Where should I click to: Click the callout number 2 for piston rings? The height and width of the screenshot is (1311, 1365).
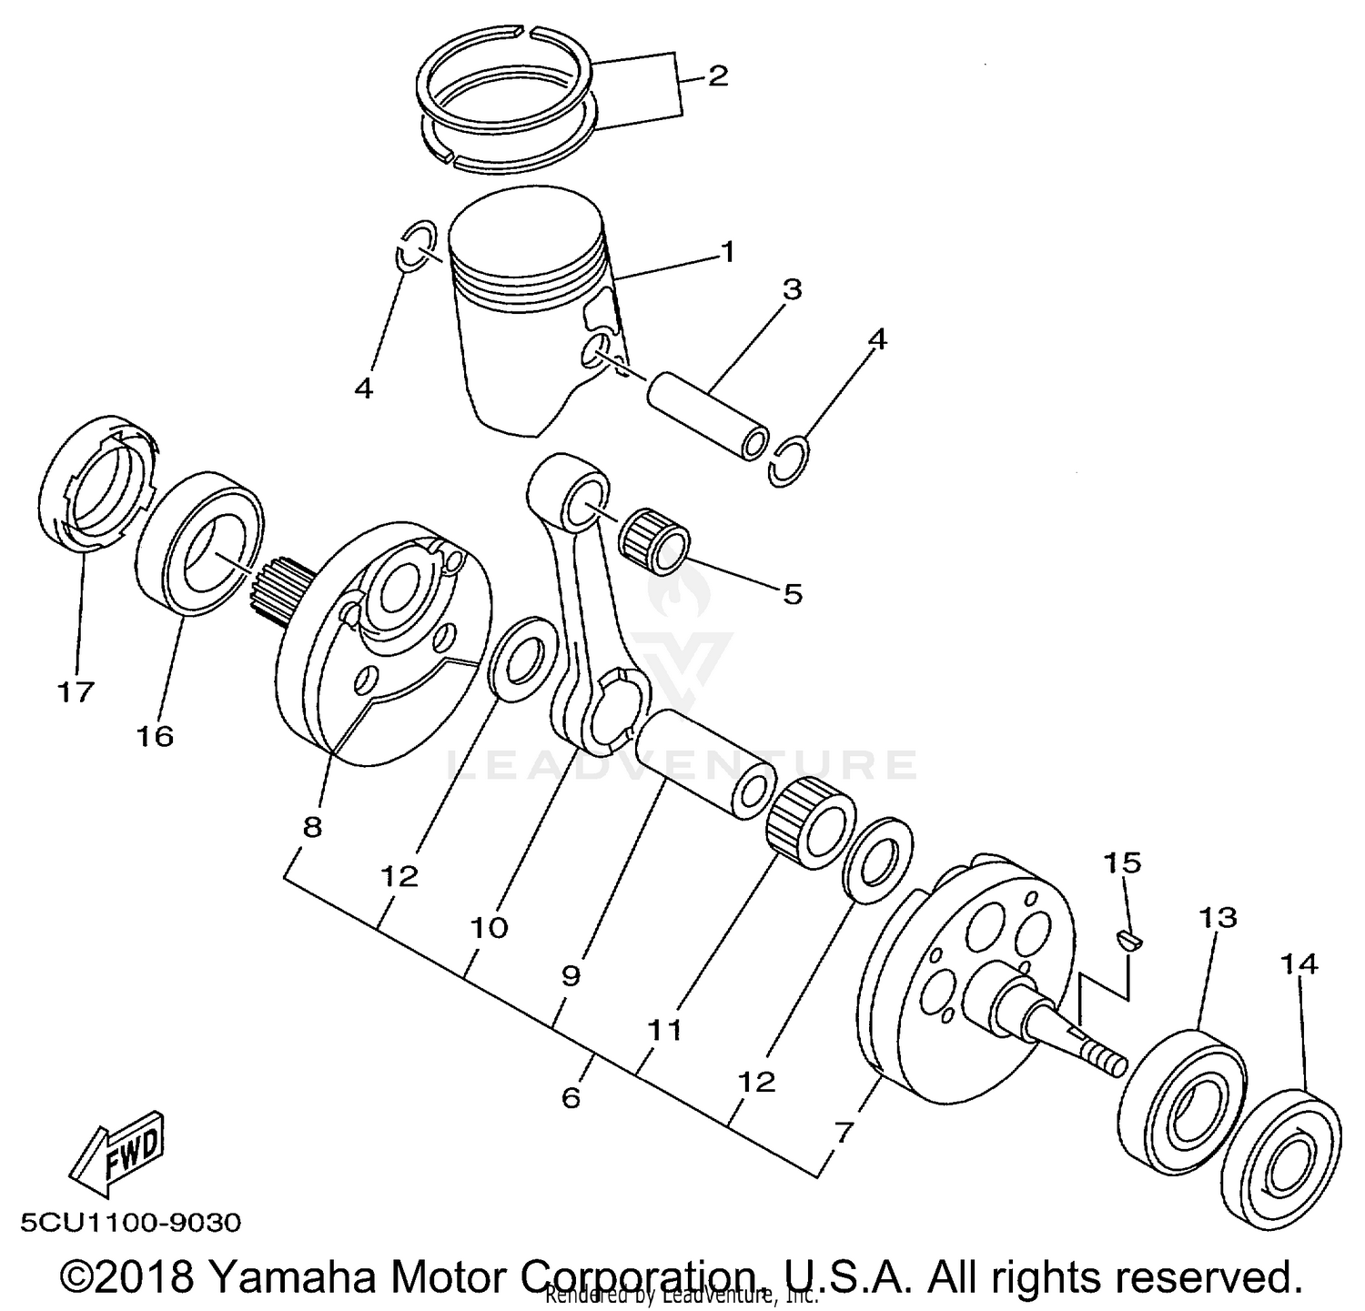(717, 76)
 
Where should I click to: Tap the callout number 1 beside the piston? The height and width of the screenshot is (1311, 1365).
(726, 250)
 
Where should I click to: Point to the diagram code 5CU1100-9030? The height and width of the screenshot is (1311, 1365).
(126, 1222)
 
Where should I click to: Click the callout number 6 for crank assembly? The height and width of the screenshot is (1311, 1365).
(571, 1098)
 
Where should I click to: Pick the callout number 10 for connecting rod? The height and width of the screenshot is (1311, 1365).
(489, 928)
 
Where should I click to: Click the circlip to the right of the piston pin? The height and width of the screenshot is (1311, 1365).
(788, 462)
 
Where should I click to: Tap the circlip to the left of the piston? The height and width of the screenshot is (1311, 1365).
(413, 245)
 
